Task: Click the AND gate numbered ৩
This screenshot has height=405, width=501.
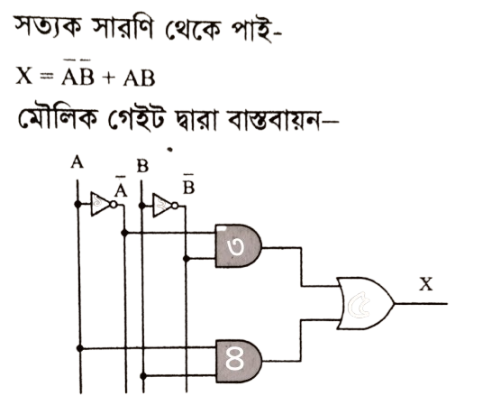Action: pos(239,245)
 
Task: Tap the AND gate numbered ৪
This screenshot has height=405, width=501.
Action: pos(239,361)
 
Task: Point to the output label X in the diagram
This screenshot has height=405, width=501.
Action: pos(426,284)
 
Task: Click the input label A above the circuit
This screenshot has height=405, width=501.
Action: pos(77,161)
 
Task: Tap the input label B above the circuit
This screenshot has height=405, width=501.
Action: pos(142,166)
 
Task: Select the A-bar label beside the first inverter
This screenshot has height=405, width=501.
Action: pos(121,188)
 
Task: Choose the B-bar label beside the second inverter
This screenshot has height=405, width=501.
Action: pos(188,185)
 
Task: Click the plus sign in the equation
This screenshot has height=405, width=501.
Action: pos(109,78)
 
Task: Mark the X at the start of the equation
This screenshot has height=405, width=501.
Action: pos(24,77)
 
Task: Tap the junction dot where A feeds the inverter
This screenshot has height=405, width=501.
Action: pos(77,204)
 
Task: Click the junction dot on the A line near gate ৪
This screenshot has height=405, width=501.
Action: pos(80,348)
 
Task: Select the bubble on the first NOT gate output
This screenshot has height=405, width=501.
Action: pos(114,205)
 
